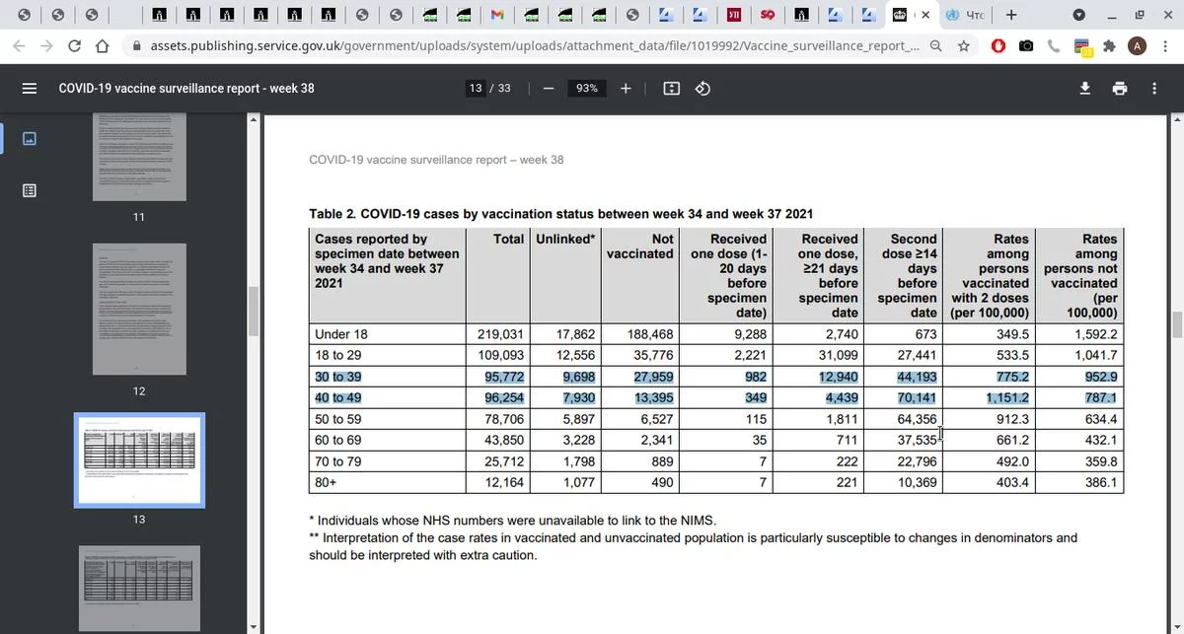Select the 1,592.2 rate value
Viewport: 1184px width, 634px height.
click(x=1095, y=334)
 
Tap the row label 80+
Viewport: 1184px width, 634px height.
click(x=328, y=483)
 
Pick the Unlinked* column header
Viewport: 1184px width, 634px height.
click(x=565, y=240)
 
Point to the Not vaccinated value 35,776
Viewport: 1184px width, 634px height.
click(x=650, y=355)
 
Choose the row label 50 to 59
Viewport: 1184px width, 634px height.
click(x=338, y=419)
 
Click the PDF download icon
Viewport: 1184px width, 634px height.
click(x=1085, y=89)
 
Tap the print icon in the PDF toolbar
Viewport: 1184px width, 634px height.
click(x=1120, y=89)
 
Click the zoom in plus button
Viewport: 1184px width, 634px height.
click(x=626, y=89)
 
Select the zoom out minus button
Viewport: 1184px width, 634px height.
click(x=549, y=89)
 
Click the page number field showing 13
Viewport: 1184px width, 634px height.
click(x=476, y=89)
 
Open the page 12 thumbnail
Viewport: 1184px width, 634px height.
click(x=139, y=312)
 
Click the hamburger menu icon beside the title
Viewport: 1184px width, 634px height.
click(x=30, y=89)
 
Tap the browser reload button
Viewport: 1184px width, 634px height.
click(x=74, y=46)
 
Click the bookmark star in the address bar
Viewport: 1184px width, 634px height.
click(x=964, y=46)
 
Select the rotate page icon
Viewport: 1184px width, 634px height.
click(x=703, y=89)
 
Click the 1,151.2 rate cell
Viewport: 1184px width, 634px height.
click(x=1007, y=398)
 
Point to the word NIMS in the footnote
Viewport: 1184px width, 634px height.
click(x=695, y=521)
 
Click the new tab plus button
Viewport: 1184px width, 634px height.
click(x=1011, y=15)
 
